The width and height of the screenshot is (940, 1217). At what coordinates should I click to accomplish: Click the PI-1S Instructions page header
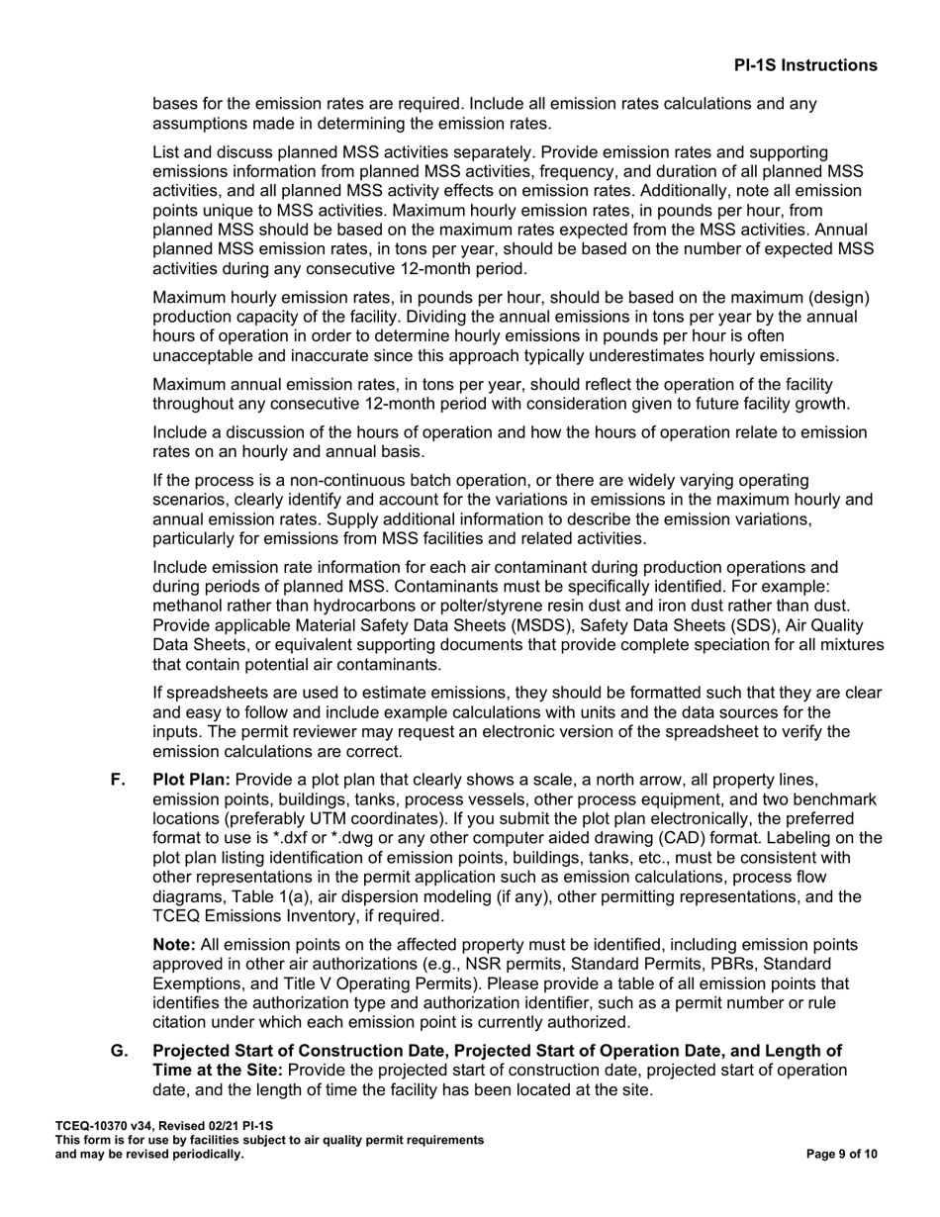[x=804, y=65]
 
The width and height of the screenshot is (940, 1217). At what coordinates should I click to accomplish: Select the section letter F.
[x=118, y=781]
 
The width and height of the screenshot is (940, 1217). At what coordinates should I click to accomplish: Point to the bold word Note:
[x=174, y=945]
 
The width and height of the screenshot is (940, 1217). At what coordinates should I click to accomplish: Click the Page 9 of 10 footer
[x=841, y=1154]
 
